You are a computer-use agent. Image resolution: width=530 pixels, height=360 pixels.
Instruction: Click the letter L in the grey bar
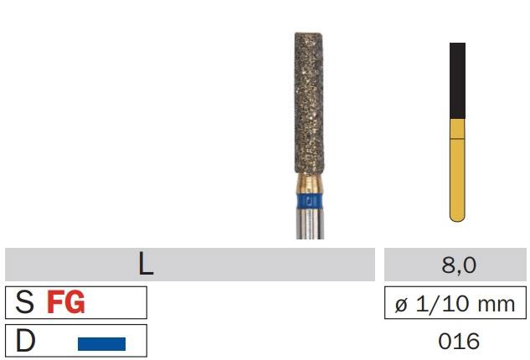[146, 264]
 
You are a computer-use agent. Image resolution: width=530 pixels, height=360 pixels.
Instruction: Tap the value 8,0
[459, 265]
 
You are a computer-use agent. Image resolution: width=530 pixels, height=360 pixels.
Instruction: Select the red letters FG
[66, 302]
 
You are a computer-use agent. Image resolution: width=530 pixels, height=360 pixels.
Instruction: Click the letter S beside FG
[24, 302]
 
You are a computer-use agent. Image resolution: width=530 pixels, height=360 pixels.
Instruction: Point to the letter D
[25, 341]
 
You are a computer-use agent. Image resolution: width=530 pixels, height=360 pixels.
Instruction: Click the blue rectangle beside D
[102, 343]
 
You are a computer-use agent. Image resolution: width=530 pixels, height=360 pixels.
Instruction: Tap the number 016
[459, 341]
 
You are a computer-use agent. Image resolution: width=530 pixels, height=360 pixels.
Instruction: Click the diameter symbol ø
[401, 305]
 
